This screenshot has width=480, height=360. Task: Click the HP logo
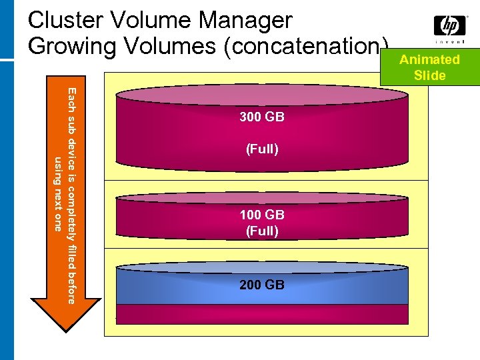coord(450,26)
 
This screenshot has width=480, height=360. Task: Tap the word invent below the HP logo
coord(450,41)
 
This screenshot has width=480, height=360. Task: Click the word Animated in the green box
coord(429,59)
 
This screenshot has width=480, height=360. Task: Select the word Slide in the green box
coord(429,75)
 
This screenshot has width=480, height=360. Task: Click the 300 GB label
coord(262,117)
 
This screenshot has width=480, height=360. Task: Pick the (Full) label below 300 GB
coord(262,149)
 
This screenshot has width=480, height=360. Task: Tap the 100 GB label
coord(262,215)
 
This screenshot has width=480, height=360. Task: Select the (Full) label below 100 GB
coord(262,231)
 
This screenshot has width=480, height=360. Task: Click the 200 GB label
coord(262,285)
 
